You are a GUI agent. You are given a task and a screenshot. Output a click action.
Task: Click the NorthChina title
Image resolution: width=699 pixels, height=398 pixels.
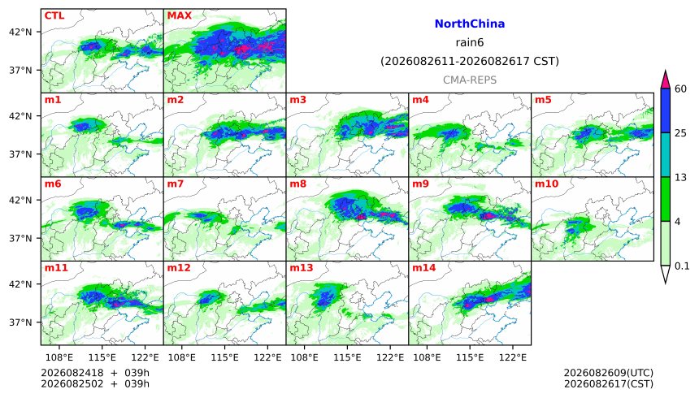[x=470, y=24]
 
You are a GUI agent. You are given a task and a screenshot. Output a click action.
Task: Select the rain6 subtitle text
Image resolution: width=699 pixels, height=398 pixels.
[x=470, y=42]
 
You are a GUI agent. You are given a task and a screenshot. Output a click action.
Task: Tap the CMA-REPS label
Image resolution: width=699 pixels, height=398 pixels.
[x=470, y=80]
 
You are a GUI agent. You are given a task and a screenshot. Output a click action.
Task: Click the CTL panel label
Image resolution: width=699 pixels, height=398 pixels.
[x=54, y=15]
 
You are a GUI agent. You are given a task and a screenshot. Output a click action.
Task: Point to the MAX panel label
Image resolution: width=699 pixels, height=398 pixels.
[x=179, y=15]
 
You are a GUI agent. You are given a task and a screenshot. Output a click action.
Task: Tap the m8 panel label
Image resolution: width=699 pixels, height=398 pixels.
[x=298, y=184]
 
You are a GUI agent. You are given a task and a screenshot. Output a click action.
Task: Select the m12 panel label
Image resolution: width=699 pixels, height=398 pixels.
[x=179, y=267]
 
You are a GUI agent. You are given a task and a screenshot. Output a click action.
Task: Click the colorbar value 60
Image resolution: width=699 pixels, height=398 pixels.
[x=680, y=89]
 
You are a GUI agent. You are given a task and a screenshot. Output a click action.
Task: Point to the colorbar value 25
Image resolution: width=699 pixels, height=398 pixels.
[x=680, y=133]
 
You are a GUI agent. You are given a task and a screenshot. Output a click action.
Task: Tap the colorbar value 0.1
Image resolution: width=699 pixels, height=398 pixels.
[x=682, y=266]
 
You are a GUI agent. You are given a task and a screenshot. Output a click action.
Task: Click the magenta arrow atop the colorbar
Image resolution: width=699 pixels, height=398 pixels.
[x=665, y=80]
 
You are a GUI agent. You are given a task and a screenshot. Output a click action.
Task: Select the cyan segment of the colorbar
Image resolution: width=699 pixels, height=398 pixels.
[x=665, y=154]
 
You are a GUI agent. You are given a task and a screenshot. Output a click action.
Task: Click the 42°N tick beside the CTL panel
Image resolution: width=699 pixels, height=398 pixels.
[x=20, y=32]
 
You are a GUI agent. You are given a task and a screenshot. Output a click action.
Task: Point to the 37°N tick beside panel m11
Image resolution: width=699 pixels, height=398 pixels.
[x=20, y=322]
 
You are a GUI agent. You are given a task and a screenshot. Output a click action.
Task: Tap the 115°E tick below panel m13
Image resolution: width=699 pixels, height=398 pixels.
[x=347, y=357]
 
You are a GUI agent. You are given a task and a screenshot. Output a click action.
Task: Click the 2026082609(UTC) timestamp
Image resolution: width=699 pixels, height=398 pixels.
[x=609, y=373]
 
